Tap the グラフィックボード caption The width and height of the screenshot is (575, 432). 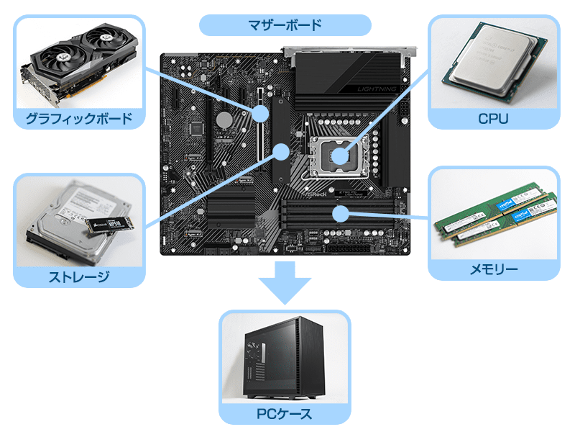tap(79, 117)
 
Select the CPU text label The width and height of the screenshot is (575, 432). tap(493, 118)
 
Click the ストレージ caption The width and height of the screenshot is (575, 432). tap(78, 276)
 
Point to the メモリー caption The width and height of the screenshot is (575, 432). tap(494, 269)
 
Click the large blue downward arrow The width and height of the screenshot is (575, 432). tap(285, 282)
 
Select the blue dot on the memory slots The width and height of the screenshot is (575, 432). tap(341, 213)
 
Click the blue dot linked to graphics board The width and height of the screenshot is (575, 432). tap(260, 114)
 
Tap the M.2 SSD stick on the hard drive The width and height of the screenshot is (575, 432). tap(106, 225)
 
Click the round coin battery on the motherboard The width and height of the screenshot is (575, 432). tap(226, 118)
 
